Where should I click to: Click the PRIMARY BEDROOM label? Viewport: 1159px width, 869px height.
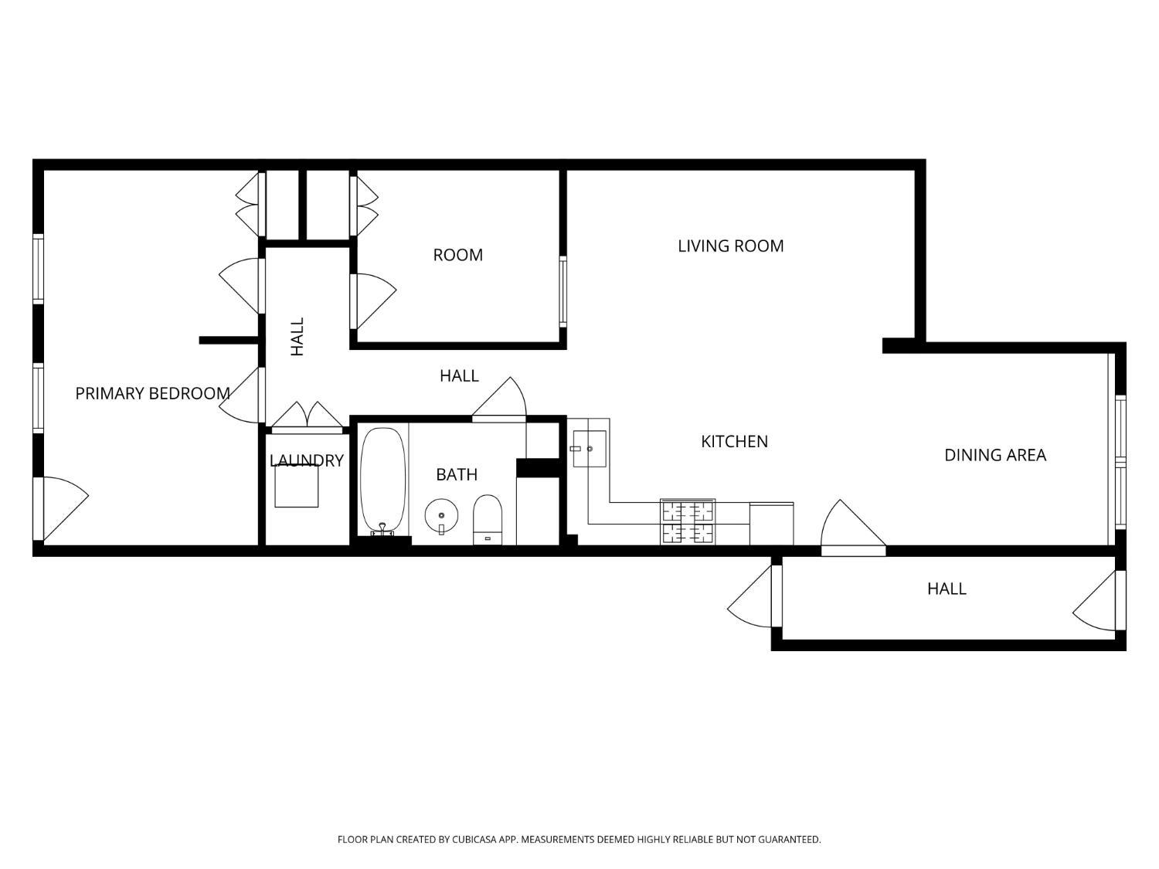(x=152, y=393)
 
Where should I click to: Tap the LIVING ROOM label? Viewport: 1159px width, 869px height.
(x=730, y=246)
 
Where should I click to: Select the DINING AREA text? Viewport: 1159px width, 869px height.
(x=994, y=455)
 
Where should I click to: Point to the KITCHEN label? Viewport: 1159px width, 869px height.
(x=734, y=441)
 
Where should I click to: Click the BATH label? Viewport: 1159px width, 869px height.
(x=456, y=474)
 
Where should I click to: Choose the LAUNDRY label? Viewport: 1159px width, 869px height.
(x=306, y=460)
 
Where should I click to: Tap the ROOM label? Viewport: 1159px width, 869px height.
(x=457, y=255)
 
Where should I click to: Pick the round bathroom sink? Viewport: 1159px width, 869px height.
(x=441, y=515)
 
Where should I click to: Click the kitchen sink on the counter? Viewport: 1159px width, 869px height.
(x=589, y=448)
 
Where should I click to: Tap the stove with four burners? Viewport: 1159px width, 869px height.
(x=687, y=522)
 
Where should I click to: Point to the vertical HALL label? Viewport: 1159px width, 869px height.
(x=297, y=337)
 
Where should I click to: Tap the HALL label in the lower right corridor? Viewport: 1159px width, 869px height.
(x=947, y=589)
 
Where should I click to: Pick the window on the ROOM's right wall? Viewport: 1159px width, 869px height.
(x=563, y=291)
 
